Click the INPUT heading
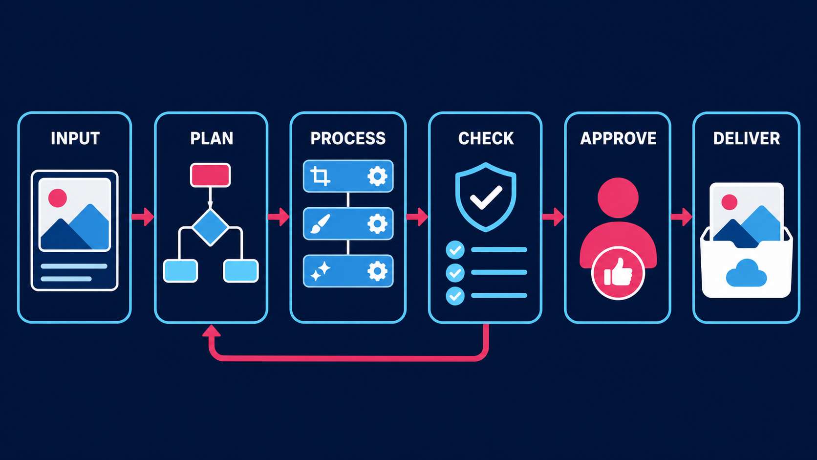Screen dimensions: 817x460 (x=75, y=138)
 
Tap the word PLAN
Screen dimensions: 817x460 (x=212, y=138)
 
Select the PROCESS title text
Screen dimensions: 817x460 (x=348, y=138)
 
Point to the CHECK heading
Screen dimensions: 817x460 (x=486, y=138)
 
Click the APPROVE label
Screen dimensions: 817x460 (x=618, y=138)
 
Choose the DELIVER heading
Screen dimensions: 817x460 (x=746, y=138)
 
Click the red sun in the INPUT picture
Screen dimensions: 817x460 (x=58, y=198)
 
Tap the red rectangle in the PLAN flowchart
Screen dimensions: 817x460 (x=211, y=175)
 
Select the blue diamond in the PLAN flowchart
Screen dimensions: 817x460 (x=211, y=227)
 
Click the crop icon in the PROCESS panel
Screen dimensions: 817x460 (x=320, y=176)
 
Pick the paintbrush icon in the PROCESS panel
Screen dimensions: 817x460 (x=320, y=223)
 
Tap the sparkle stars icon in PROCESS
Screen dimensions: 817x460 (x=320, y=271)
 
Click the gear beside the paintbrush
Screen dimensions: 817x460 (x=377, y=223)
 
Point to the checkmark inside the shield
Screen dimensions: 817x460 (x=486, y=197)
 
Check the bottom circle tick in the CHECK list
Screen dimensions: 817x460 (x=455, y=296)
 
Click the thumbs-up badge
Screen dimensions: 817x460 (x=618, y=273)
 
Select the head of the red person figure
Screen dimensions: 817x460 (x=618, y=197)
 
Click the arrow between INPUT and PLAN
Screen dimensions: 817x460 (x=143, y=217)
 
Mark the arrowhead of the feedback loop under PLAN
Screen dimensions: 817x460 (x=212, y=330)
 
